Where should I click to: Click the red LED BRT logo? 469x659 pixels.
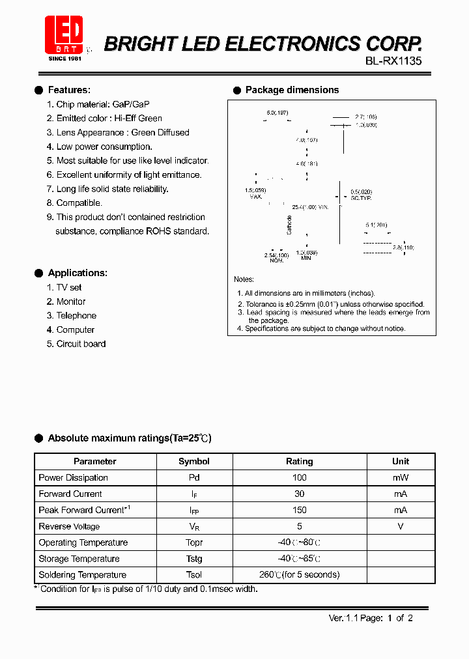point(64,36)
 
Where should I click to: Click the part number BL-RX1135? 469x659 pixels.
point(393,62)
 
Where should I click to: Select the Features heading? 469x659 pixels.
point(69,90)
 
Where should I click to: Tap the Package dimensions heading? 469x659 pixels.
point(291,90)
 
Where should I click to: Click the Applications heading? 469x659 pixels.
point(77,273)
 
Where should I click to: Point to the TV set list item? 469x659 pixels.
point(68,287)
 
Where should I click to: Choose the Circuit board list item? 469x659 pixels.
point(80,344)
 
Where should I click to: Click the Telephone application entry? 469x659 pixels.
point(76,315)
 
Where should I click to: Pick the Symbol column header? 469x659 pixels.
point(194,461)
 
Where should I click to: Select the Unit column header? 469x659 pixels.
point(401,461)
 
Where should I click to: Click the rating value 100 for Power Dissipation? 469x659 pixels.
point(300,477)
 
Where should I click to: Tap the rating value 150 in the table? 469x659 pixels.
point(300,510)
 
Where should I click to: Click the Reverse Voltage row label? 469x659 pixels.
point(69,526)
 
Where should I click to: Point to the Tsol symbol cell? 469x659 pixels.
point(194,574)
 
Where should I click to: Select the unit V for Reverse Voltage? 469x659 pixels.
point(401,526)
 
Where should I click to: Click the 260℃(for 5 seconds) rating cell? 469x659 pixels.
point(300,574)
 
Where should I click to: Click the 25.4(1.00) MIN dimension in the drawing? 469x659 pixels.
point(309,207)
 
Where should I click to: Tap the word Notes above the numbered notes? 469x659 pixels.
point(244,279)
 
